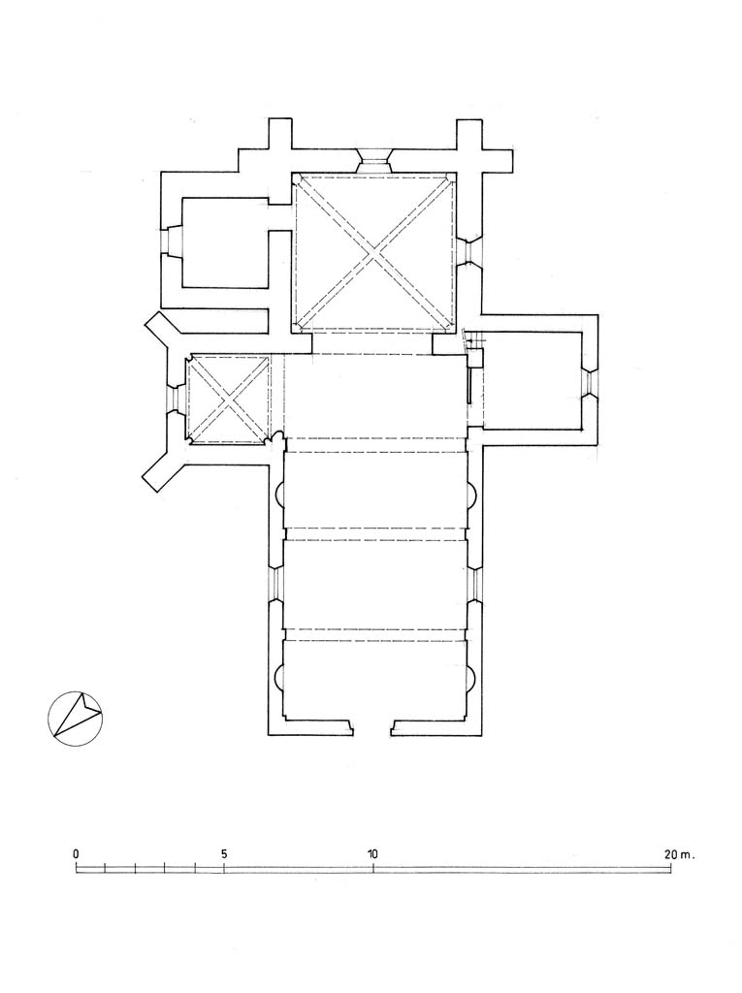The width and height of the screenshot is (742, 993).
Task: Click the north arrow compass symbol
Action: (76, 719)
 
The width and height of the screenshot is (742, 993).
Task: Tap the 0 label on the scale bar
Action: (76, 853)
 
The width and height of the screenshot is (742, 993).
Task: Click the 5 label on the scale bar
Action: (224, 853)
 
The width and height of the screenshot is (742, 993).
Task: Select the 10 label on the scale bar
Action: (372, 853)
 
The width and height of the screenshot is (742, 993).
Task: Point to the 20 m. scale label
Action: (679, 853)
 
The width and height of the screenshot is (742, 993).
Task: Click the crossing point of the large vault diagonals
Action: (374, 253)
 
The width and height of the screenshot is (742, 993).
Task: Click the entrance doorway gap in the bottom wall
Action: (372, 727)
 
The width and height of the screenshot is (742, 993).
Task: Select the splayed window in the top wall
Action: (373, 161)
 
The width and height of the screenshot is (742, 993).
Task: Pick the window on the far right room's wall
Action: (590, 383)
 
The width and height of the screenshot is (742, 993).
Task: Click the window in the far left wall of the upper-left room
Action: (172, 241)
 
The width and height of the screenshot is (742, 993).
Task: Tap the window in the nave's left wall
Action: (276, 583)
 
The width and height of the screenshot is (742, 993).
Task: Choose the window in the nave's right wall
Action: (474, 583)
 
